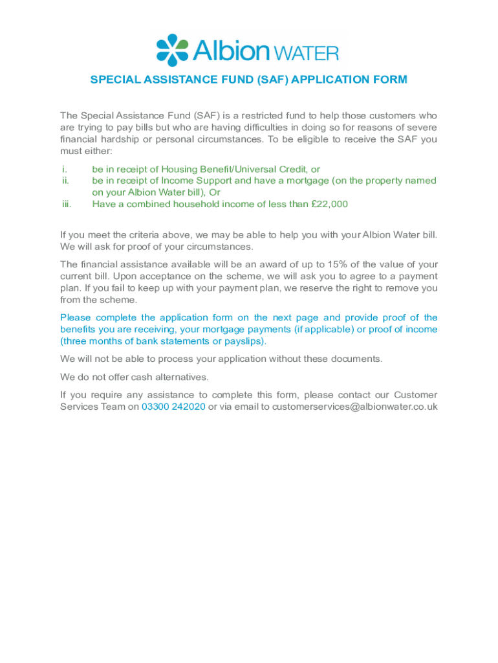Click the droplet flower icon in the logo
coord(172,50)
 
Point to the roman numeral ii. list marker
coord(65,181)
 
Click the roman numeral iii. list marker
coord(67,204)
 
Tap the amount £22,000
coord(329,204)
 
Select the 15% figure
coord(338,264)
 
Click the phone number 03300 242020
coord(173,407)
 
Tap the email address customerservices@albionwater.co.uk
coord(355,407)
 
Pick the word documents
coord(358,359)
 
